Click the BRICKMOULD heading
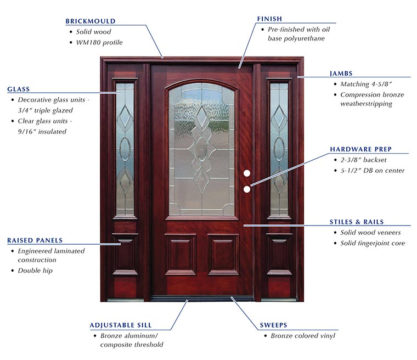[x=91, y=21]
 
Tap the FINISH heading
[x=269, y=19]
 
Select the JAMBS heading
[x=341, y=74]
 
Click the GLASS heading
[x=18, y=89]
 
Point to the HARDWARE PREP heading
[x=360, y=149]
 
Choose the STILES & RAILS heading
[x=357, y=222]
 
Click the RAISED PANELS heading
[x=35, y=240]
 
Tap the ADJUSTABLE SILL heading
[x=121, y=325]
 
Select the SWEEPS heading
[x=273, y=325]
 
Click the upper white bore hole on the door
[x=247, y=173]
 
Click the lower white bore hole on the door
[x=247, y=189]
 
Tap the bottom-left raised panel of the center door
[x=181, y=255]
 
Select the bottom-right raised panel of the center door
[x=223, y=255]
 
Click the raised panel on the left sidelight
[x=125, y=254]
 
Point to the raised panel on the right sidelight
[x=279, y=254]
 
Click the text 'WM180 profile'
[x=99, y=43]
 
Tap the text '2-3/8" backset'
[x=363, y=160]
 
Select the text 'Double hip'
[x=35, y=271]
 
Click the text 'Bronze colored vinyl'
[x=303, y=336]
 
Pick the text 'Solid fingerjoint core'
[x=373, y=243]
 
